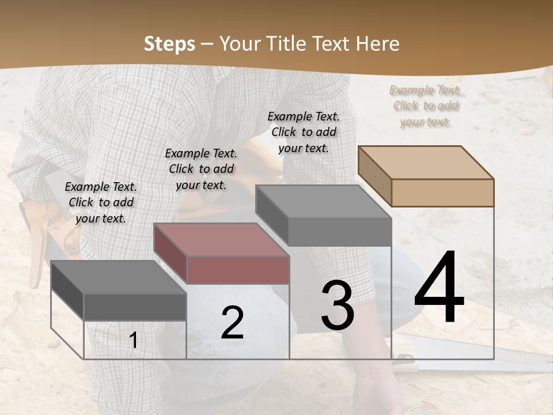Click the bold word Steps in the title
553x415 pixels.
click(169, 44)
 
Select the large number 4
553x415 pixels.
click(439, 288)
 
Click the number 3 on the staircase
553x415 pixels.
click(338, 305)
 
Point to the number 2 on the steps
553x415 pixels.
click(232, 323)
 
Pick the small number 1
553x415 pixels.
click(134, 341)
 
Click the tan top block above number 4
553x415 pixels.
click(426, 176)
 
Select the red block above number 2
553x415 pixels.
click(222, 254)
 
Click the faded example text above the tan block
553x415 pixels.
click(425, 106)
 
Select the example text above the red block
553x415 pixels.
click(201, 169)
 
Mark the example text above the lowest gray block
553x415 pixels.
click(101, 203)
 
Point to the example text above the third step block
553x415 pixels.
click(304, 132)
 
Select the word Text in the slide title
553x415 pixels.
click(331, 44)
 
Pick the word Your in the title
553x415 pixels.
click(241, 44)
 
